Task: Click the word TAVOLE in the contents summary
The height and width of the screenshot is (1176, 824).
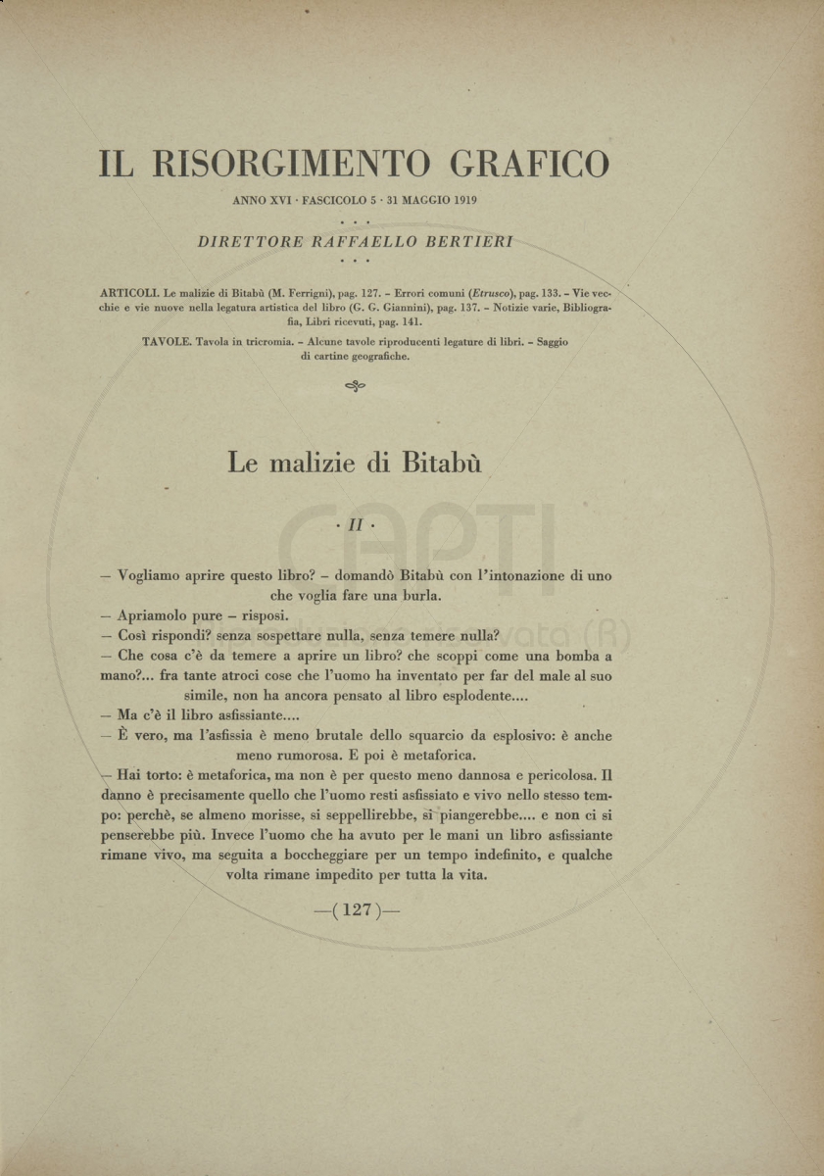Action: pyautogui.click(x=165, y=341)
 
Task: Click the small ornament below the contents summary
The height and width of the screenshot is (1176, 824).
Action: pyautogui.click(x=356, y=386)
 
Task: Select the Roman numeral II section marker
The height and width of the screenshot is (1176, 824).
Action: pyautogui.click(x=355, y=525)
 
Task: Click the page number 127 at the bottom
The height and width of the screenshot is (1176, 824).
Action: pyautogui.click(x=356, y=909)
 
